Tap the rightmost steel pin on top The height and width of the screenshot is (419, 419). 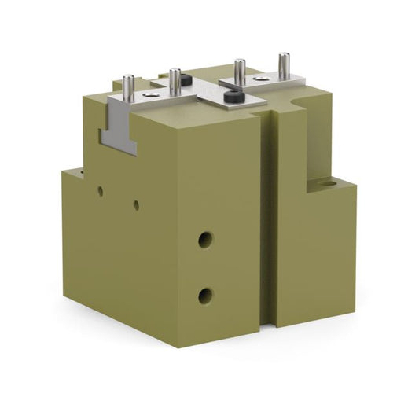282,62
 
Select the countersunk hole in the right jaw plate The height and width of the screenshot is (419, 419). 260,79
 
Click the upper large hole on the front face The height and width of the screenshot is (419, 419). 205,239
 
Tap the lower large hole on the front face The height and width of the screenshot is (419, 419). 205,296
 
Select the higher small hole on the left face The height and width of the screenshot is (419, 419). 101,190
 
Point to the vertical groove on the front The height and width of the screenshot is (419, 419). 268,220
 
